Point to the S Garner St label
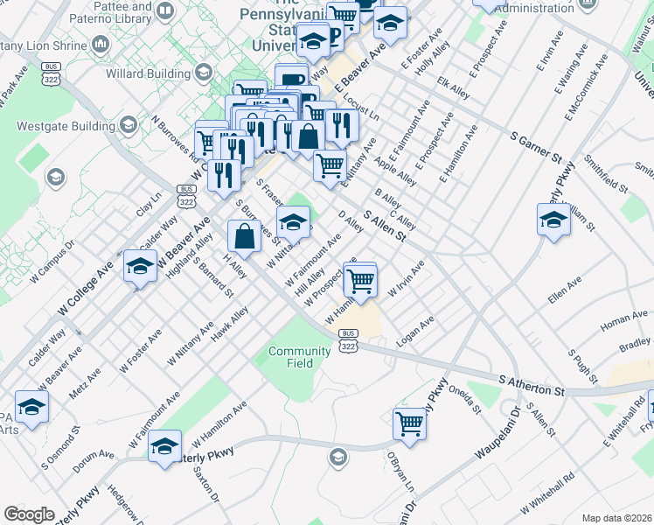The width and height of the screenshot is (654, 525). [536, 145]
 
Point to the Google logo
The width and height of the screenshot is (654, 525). [30, 514]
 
